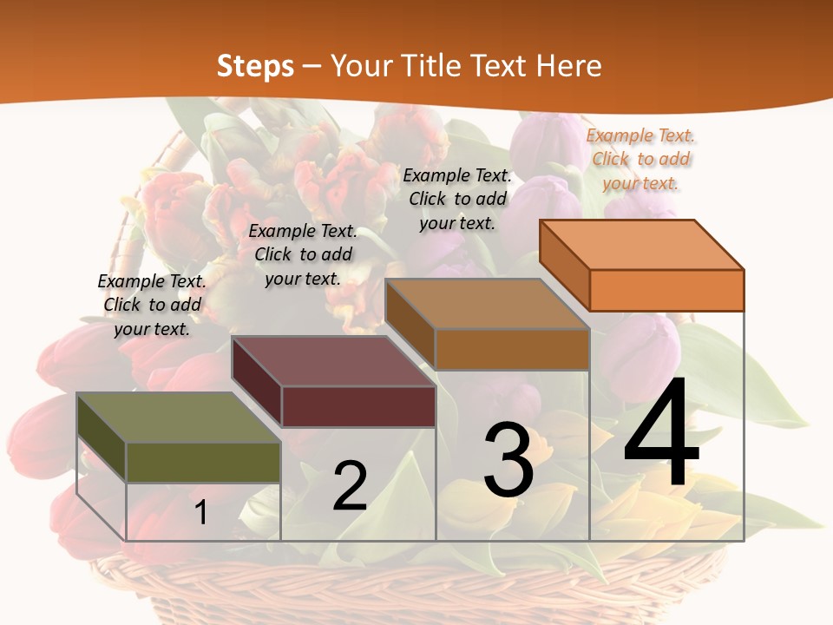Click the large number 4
(662, 434)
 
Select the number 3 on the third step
(508, 460)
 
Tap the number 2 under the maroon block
(351, 486)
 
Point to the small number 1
(201, 512)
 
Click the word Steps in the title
(255, 66)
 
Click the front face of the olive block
(203, 462)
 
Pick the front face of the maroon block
(357, 406)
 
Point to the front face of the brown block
(512, 349)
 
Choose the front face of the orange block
(666, 290)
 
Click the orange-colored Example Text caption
(640, 159)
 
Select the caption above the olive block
(152, 305)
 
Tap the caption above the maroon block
(303, 254)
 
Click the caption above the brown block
(457, 199)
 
